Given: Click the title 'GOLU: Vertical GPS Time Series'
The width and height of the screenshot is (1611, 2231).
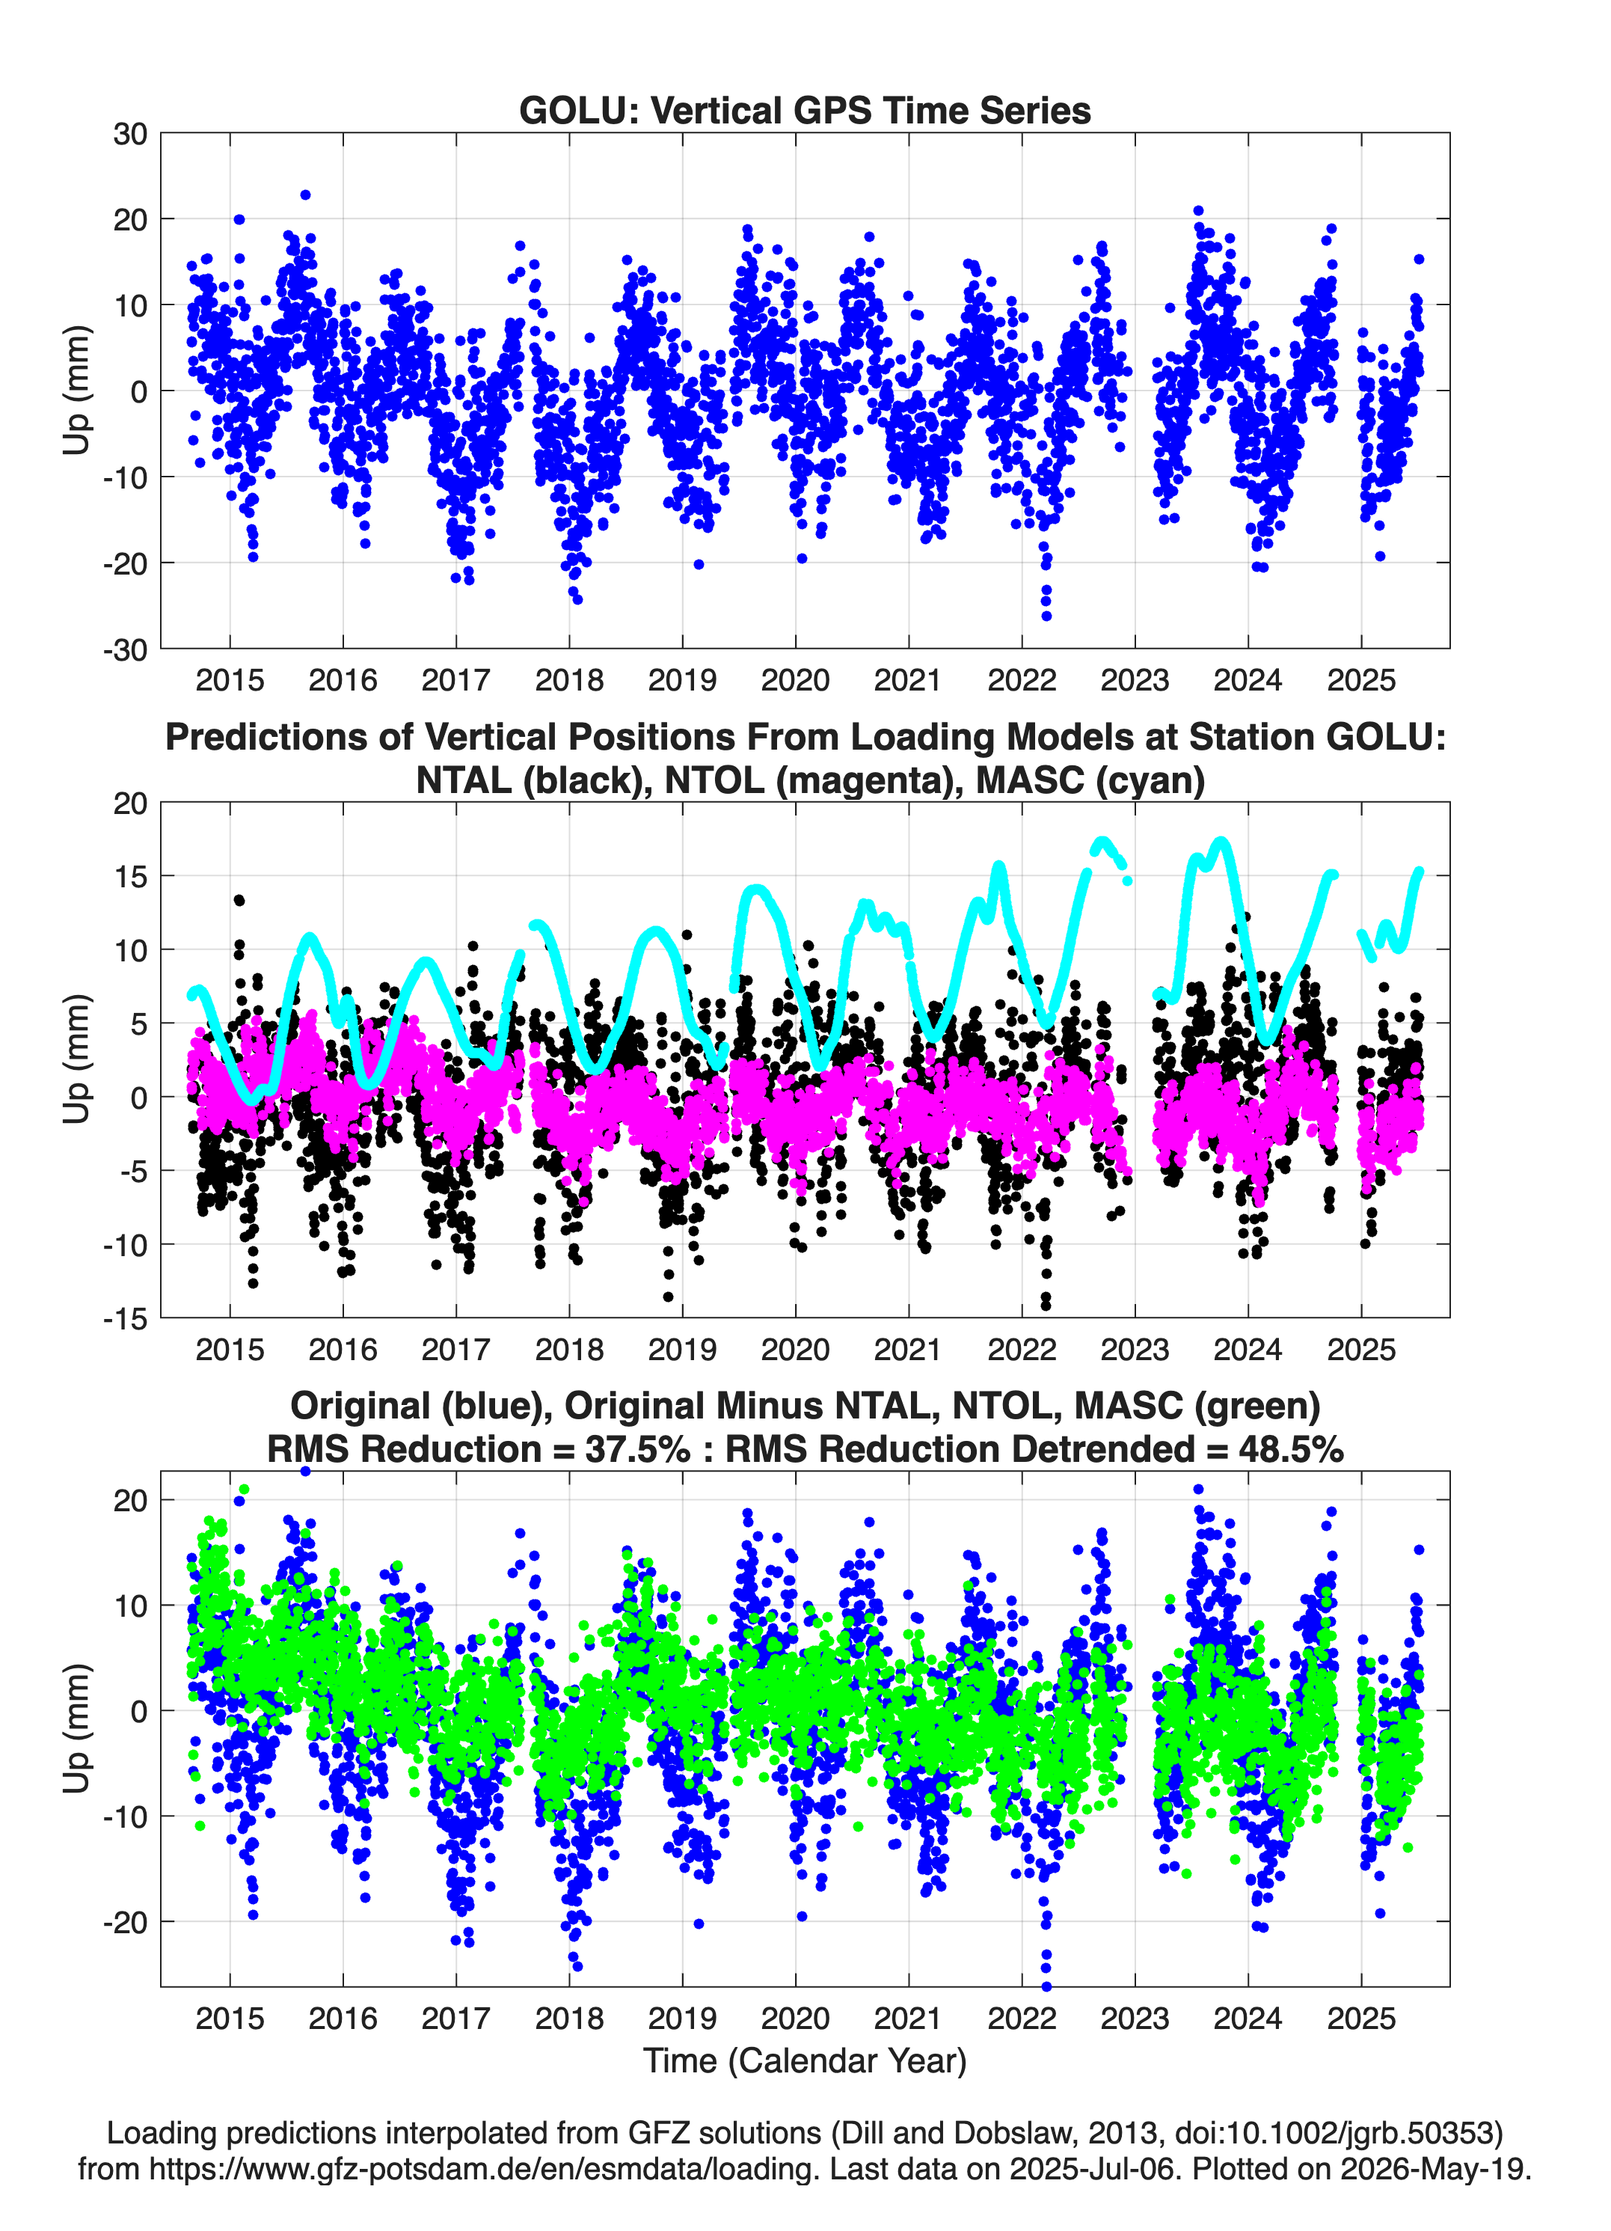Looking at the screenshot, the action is coord(805,110).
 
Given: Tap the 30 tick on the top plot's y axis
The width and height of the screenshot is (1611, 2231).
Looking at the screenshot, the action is coord(130,134).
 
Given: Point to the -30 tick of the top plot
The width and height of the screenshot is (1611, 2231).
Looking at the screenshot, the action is coord(125,649).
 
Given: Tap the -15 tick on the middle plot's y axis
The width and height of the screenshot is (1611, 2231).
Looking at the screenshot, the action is coord(125,1318).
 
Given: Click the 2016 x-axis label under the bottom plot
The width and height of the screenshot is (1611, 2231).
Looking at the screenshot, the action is coord(343,2018).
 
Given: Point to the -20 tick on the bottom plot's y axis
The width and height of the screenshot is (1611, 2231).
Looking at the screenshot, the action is coord(125,1921).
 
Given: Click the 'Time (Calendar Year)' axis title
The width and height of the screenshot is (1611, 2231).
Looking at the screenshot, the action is coord(805,2060).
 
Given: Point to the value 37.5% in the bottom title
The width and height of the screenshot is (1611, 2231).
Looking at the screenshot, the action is coord(637,1449).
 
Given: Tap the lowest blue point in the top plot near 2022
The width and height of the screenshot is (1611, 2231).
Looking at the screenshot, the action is coord(1046,616).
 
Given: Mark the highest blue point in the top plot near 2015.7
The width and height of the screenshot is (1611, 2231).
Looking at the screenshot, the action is coord(305,195).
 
